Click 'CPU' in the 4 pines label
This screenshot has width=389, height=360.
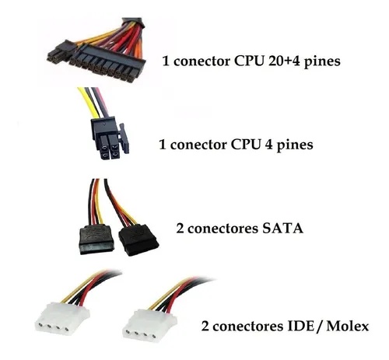click(250, 145)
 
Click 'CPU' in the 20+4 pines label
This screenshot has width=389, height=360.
click(250, 60)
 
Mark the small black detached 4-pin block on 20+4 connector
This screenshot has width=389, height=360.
click(58, 54)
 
